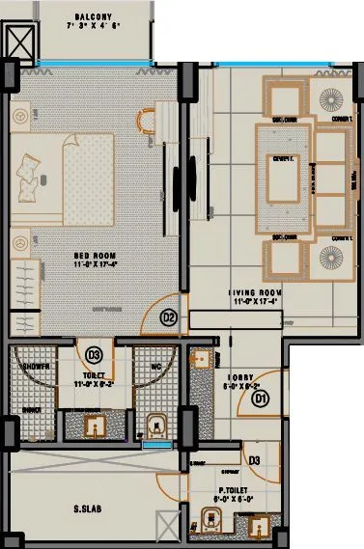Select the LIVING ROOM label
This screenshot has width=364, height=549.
(x=255, y=291)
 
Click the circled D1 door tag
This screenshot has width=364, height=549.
(x=261, y=393)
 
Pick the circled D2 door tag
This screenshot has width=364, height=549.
(x=167, y=315)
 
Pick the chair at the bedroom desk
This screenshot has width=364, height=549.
(x=147, y=121)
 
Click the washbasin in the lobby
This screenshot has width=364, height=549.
(x=201, y=360)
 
